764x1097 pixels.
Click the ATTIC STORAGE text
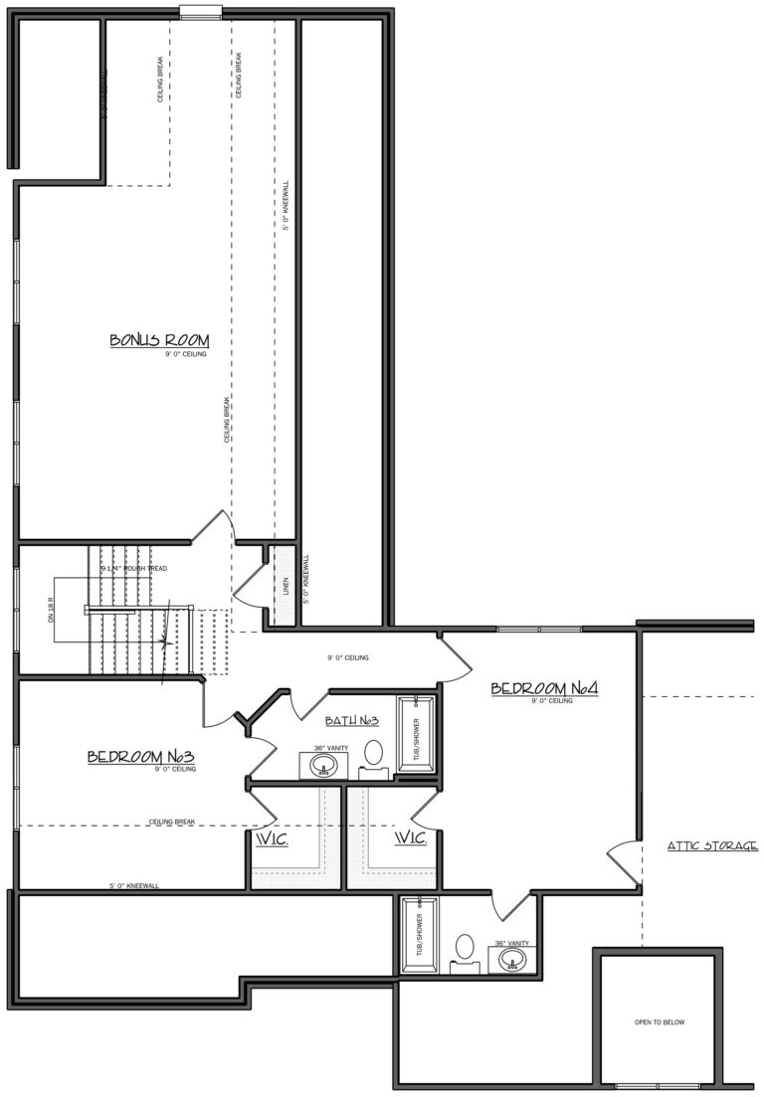click(x=712, y=846)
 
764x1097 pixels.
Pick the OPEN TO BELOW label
click(x=660, y=1021)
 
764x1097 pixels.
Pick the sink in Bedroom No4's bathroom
click(x=511, y=960)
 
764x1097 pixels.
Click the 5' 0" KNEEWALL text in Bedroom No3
click(x=133, y=884)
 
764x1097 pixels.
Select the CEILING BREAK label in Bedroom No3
click(x=172, y=822)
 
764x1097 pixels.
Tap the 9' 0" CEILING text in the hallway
click(x=348, y=657)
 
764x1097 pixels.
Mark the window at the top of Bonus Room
click(x=200, y=11)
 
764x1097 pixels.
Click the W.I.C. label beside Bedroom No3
click(x=272, y=839)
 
